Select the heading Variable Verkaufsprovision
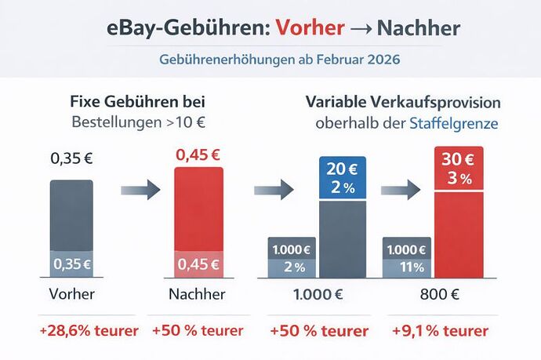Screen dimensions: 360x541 pyautogui.click(x=402, y=104)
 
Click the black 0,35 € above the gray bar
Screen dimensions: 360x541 pyautogui.click(x=71, y=158)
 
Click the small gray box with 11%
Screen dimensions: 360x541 pyautogui.click(x=407, y=266)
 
